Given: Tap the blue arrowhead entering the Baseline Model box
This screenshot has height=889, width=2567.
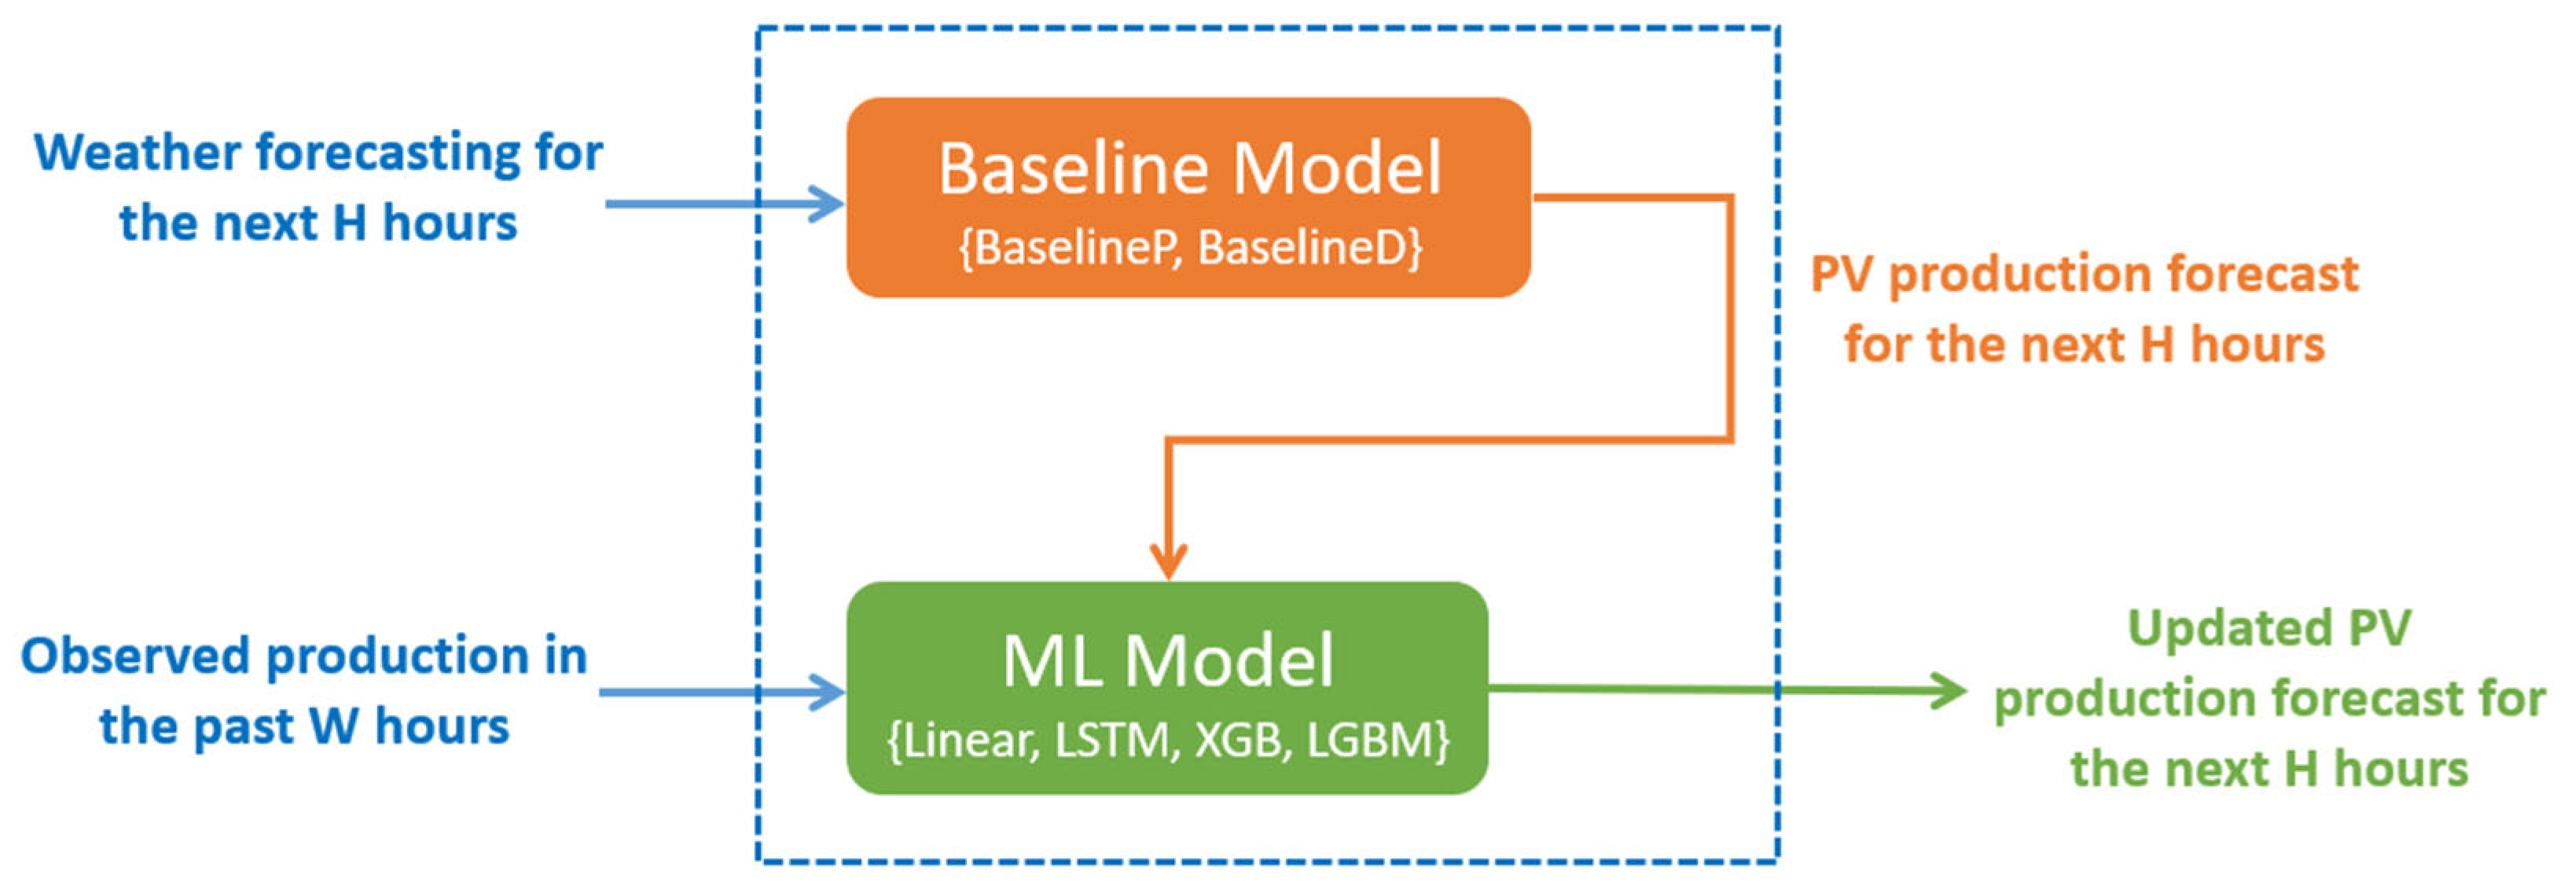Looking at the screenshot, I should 827,204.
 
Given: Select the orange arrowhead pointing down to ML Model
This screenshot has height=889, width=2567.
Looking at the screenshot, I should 1168,560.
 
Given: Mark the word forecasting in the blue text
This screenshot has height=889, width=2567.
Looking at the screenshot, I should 388,153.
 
